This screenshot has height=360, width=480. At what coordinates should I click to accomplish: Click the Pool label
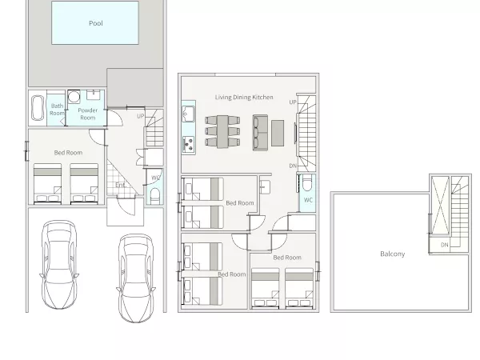click(x=96, y=23)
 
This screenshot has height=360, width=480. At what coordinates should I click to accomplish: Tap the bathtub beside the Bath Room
click(x=38, y=108)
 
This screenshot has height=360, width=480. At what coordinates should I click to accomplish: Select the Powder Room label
click(x=87, y=114)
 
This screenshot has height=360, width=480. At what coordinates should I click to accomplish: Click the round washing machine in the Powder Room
click(x=74, y=97)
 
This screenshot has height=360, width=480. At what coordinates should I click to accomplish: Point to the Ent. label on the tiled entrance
click(x=121, y=186)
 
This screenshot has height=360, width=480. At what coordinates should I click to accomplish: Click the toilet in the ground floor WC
click(x=155, y=196)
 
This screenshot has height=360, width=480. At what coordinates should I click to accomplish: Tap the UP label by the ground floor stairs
click(x=140, y=116)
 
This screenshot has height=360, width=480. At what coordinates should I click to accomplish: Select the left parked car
click(x=59, y=264)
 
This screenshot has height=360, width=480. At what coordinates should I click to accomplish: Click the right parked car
click(x=136, y=278)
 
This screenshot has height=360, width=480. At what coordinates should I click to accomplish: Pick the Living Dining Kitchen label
click(x=244, y=98)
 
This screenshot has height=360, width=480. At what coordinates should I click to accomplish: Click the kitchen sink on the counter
click(x=188, y=114)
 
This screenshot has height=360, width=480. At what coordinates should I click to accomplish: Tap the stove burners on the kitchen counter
click(x=188, y=144)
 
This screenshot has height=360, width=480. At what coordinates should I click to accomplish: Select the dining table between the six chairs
click(x=222, y=132)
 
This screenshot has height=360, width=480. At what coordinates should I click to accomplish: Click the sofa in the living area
click(x=260, y=133)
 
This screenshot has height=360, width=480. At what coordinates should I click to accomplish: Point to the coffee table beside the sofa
click(x=278, y=133)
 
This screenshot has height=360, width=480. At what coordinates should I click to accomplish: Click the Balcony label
click(x=393, y=254)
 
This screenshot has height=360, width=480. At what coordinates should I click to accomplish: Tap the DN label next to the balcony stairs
click(x=445, y=245)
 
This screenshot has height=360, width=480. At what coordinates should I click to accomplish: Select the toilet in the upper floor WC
click(x=306, y=182)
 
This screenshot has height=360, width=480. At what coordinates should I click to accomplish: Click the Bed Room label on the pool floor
click(x=68, y=153)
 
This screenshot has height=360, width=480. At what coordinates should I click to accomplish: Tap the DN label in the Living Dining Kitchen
click(x=293, y=166)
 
